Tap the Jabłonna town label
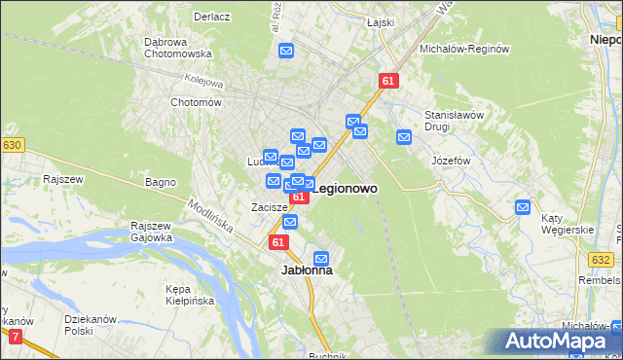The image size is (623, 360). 307,270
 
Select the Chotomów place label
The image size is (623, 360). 197,102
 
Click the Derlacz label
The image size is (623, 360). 210,17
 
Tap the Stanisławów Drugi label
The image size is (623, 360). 454,121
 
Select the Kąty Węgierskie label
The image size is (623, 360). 570,223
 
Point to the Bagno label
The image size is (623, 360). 160,182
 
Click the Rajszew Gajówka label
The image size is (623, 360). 151,232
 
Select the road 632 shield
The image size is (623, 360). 601,259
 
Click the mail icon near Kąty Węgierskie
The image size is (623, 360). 523,206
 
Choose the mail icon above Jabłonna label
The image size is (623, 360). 322,257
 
